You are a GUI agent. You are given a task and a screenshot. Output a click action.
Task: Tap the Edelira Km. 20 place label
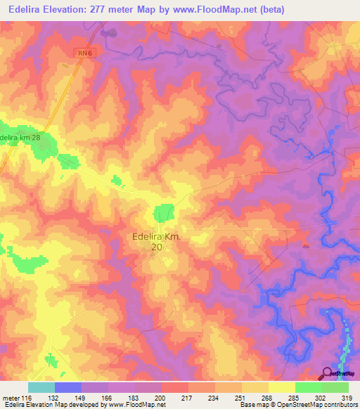pos(157,242)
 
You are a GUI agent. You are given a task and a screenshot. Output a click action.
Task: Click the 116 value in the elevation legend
pos(27,397)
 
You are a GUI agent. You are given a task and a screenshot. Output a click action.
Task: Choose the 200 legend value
pos(161,397)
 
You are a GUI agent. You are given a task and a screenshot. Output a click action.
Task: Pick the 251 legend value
pos(241,397)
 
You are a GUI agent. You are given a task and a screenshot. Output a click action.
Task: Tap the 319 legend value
pos(347,397)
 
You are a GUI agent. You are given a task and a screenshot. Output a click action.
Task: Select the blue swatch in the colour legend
pos(67,387)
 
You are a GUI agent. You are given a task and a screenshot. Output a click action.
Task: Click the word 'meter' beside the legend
pos(10,397)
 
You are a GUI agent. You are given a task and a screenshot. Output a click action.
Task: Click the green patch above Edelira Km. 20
pos(164,212)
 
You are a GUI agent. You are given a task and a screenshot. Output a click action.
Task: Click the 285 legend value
pos(295,397)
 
